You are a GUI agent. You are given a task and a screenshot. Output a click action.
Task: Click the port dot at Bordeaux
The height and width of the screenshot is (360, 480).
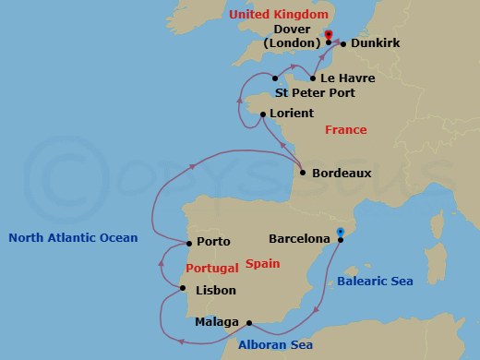click(303, 172)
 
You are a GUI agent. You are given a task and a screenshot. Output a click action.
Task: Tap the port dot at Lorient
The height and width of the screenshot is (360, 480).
click(263, 114)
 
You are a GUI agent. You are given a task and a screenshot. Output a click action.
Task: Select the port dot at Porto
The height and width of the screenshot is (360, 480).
click(188, 245)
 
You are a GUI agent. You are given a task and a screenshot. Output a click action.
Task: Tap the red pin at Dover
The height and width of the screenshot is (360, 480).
click(328, 37)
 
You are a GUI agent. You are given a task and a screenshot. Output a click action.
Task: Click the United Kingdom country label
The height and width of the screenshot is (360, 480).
click(292, 16)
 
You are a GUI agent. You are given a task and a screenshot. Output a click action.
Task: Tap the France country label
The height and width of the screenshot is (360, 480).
click(346, 130)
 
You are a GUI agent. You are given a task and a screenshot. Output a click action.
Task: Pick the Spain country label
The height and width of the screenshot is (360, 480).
click(263, 264)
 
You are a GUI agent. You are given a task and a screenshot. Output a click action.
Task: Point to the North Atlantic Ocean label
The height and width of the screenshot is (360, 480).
click(73, 237)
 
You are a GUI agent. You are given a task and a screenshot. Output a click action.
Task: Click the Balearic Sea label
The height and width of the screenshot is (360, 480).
click(375, 281)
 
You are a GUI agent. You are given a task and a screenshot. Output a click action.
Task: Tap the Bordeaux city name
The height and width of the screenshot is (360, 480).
click(342, 173)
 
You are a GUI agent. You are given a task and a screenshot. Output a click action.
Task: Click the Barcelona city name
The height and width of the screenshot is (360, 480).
click(299, 238)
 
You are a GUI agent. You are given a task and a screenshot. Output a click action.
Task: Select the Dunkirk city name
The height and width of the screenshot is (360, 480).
click(369, 44)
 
